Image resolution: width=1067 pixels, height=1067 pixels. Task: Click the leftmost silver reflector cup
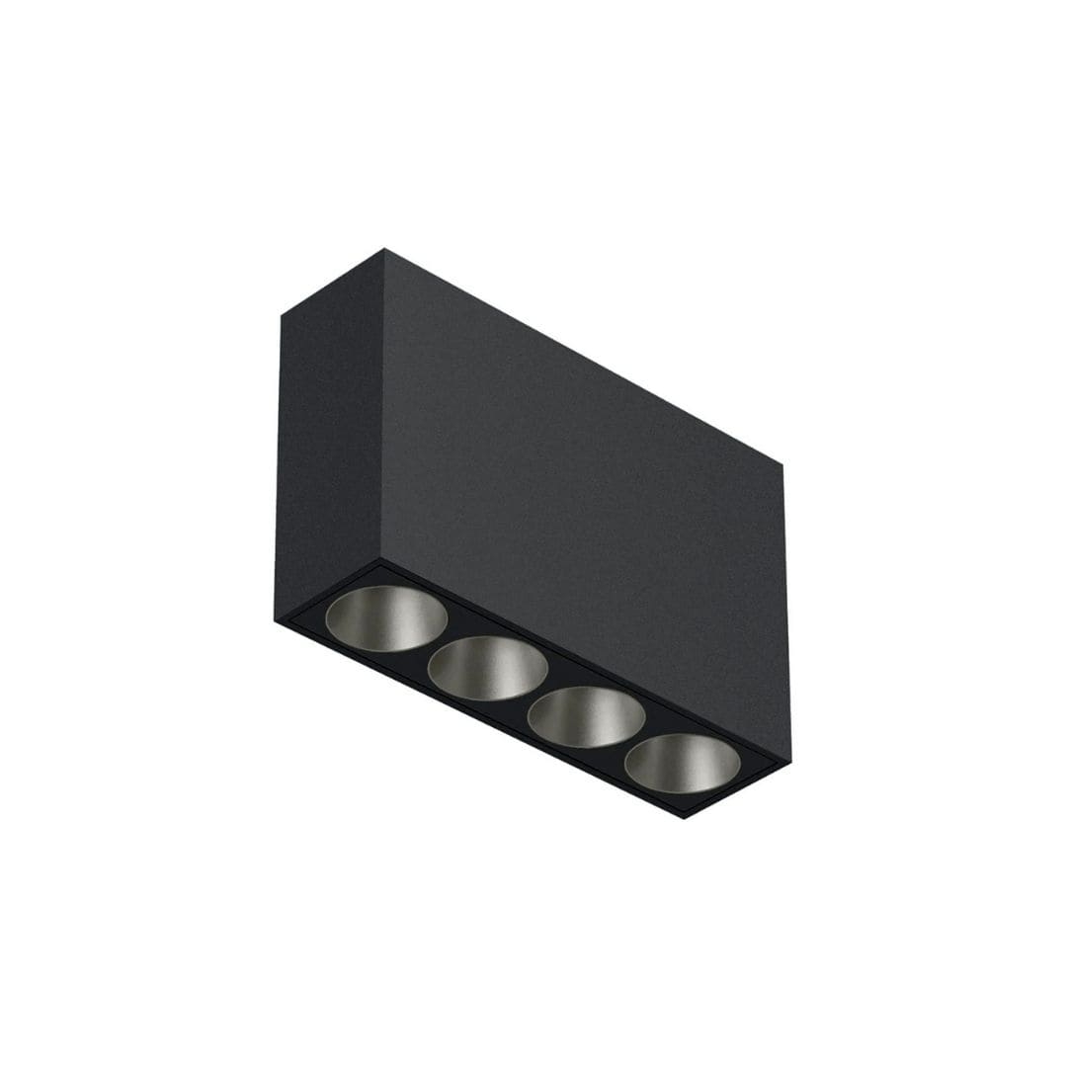pos(386,618)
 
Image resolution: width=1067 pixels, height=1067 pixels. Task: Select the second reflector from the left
pos(487,668)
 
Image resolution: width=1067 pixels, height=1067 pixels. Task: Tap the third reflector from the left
pos(586,716)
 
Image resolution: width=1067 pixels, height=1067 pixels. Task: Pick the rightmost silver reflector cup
pos(682,763)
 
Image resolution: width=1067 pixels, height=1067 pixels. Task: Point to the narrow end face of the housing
pos(328,435)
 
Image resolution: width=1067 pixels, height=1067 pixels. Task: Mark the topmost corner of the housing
pos(384,250)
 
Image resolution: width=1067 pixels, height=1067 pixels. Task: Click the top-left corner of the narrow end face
pos(282,316)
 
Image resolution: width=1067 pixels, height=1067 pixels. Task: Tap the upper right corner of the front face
pos(783,464)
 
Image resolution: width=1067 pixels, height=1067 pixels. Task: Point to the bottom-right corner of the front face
pos(790,761)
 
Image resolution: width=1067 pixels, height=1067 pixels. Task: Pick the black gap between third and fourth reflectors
pos(634,742)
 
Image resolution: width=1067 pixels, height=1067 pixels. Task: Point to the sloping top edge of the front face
pos(583,357)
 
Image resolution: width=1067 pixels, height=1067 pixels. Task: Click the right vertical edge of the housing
pos(787,613)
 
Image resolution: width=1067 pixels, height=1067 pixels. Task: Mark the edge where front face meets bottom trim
pos(583,660)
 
